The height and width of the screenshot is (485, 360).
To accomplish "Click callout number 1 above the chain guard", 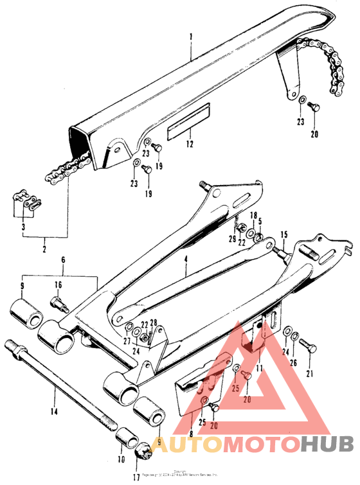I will pos(190,38).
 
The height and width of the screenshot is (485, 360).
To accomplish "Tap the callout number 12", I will pos(189,145).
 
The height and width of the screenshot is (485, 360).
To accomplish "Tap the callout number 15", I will pos(284,235).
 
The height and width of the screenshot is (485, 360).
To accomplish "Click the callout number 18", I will pos(253,216).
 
